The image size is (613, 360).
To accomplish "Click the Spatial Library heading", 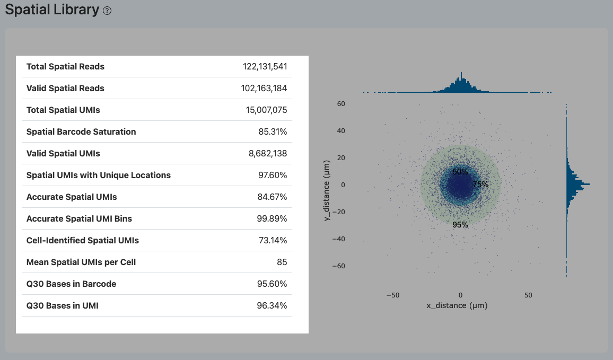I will tap(52, 10).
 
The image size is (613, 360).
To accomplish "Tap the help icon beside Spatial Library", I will tap(107, 11).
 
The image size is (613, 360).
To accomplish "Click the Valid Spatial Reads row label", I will tap(65, 89).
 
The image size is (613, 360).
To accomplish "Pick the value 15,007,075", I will tap(265, 110).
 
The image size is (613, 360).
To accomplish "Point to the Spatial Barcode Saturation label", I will tap(81, 132).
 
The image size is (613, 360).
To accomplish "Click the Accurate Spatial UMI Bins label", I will tap(79, 219).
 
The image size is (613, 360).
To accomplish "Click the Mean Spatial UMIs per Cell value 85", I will tap(282, 262).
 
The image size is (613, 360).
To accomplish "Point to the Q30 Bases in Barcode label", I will tap(71, 284).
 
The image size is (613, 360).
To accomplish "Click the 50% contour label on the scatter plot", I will tap(460, 172).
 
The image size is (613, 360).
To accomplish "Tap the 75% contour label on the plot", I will tap(480, 185).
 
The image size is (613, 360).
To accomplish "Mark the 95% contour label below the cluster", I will tap(460, 225).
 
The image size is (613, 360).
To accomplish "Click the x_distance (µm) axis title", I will tap(457, 305).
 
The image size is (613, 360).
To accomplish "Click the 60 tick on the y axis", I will tap(341, 104).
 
